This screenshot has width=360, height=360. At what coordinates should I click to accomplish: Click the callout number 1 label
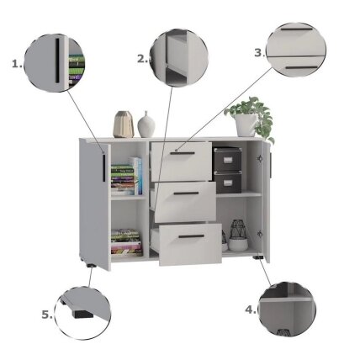17,64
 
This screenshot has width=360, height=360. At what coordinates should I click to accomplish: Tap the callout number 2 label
143,59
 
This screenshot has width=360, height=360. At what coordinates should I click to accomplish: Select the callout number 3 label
260,52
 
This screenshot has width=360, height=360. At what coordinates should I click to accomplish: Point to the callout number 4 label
251,310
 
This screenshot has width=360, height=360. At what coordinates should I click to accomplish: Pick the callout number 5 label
47,315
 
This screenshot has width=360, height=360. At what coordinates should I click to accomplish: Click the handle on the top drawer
182,153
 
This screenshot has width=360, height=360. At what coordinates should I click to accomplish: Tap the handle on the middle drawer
186,193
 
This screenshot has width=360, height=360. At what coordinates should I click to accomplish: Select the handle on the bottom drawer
192,236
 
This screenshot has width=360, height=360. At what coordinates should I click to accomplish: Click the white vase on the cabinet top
146,125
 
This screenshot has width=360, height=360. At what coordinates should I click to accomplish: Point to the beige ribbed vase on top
124,124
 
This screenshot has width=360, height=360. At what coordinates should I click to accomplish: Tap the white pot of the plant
246,124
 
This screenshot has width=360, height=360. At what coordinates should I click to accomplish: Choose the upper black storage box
227,159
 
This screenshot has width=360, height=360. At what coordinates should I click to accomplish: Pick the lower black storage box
228,183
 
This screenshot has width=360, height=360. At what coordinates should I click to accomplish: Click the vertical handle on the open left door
103,167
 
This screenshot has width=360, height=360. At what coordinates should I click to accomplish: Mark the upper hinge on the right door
260,159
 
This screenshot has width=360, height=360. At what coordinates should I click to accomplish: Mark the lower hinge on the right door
260,234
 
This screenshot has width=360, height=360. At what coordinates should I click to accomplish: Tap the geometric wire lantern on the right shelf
238,229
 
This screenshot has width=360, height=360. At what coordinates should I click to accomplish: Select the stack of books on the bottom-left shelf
127,242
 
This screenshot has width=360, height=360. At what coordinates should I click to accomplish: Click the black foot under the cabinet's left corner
91,265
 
